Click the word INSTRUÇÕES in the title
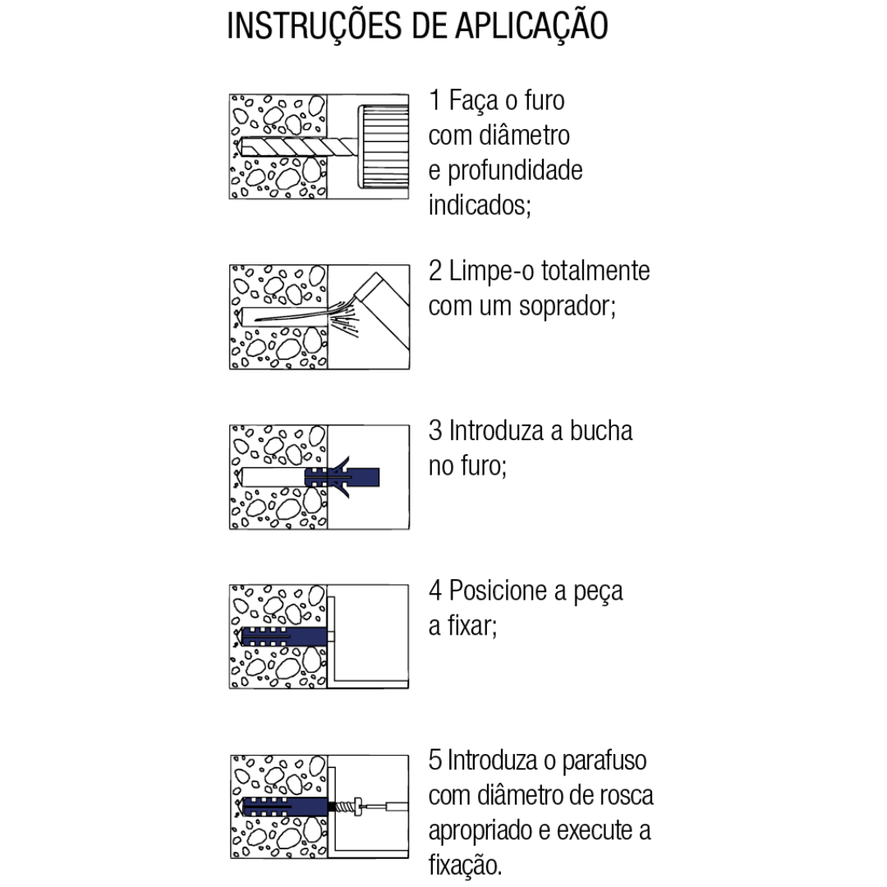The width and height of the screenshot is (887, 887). pyautogui.click(x=312, y=26)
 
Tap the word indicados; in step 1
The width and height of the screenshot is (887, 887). pyautogui.click(x=480, y=205)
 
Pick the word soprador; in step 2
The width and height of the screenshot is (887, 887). pyautogui.click(x=568, y=306)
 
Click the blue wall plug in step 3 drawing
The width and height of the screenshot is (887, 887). pyautogui.click(x=345, y=477)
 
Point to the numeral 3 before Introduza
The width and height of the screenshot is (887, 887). pyautogui.click(x=435, y=432)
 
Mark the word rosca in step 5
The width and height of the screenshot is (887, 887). pyautogui.click(x=625, y=795)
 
